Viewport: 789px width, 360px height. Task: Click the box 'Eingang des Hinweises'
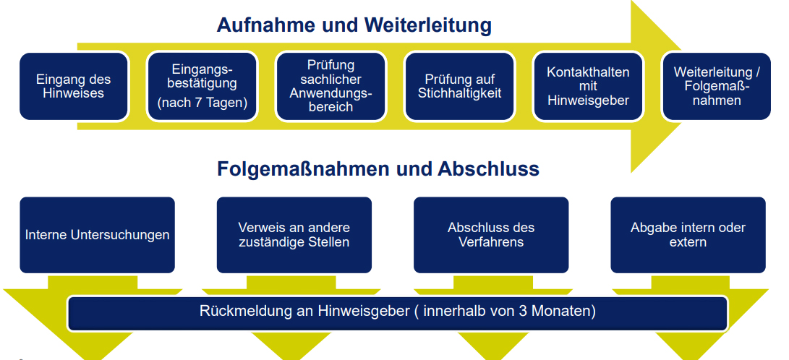click(74, 86)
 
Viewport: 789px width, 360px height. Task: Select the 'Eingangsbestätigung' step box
click(202, 86)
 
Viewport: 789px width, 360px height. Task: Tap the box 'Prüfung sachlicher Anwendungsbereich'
click(330, 86)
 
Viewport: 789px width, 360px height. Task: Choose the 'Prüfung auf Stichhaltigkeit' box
click(459, 86)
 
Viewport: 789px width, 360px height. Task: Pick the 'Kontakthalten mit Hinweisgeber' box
click(588, 86)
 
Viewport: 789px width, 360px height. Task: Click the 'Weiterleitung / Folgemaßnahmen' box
click(717, 86)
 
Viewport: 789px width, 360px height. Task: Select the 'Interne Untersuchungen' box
click(97, 235)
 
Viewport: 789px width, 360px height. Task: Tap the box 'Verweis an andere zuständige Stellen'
click(294, 235)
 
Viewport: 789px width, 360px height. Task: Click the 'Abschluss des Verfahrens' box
click(491, 235)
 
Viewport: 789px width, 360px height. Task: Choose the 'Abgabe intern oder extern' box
click(688, 235)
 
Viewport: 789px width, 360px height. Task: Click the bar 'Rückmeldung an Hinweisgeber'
click(398, 313)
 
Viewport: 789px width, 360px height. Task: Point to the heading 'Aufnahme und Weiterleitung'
click(354, 25)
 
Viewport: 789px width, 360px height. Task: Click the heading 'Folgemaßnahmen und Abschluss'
click(378, 169)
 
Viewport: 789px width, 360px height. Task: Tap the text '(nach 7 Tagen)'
click(202, 103)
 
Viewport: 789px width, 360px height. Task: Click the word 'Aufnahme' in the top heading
click(257, 25)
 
